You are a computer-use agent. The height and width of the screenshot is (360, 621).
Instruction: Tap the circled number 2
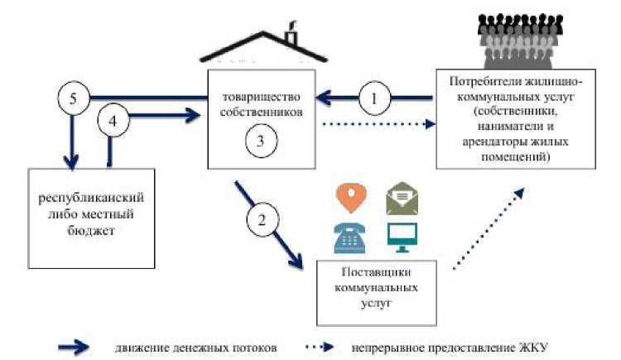pyautogui.click(x=261, y=220)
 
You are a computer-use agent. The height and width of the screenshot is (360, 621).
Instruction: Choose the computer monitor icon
pyautogui.click(x=402, y=236)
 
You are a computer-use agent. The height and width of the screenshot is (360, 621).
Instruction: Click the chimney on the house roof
pyautogui.click(x=292, y=36)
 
